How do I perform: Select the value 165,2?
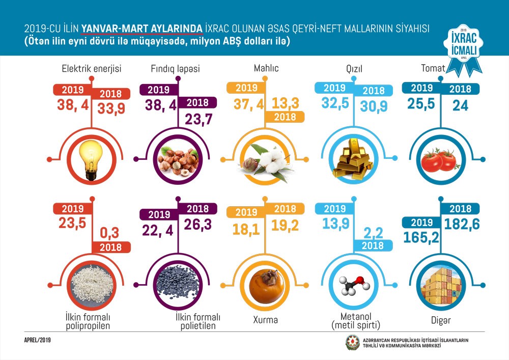pyautogui.click(x=421, y=237)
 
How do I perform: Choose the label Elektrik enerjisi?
pyautogui.click(x=92, y=68)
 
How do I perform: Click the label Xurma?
pyautogui.click(x=265, y=322)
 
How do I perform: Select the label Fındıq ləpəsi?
pyautogui.click(x=176, y=68)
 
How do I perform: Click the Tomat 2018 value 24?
pyautogui.click(x=460, y=105)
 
